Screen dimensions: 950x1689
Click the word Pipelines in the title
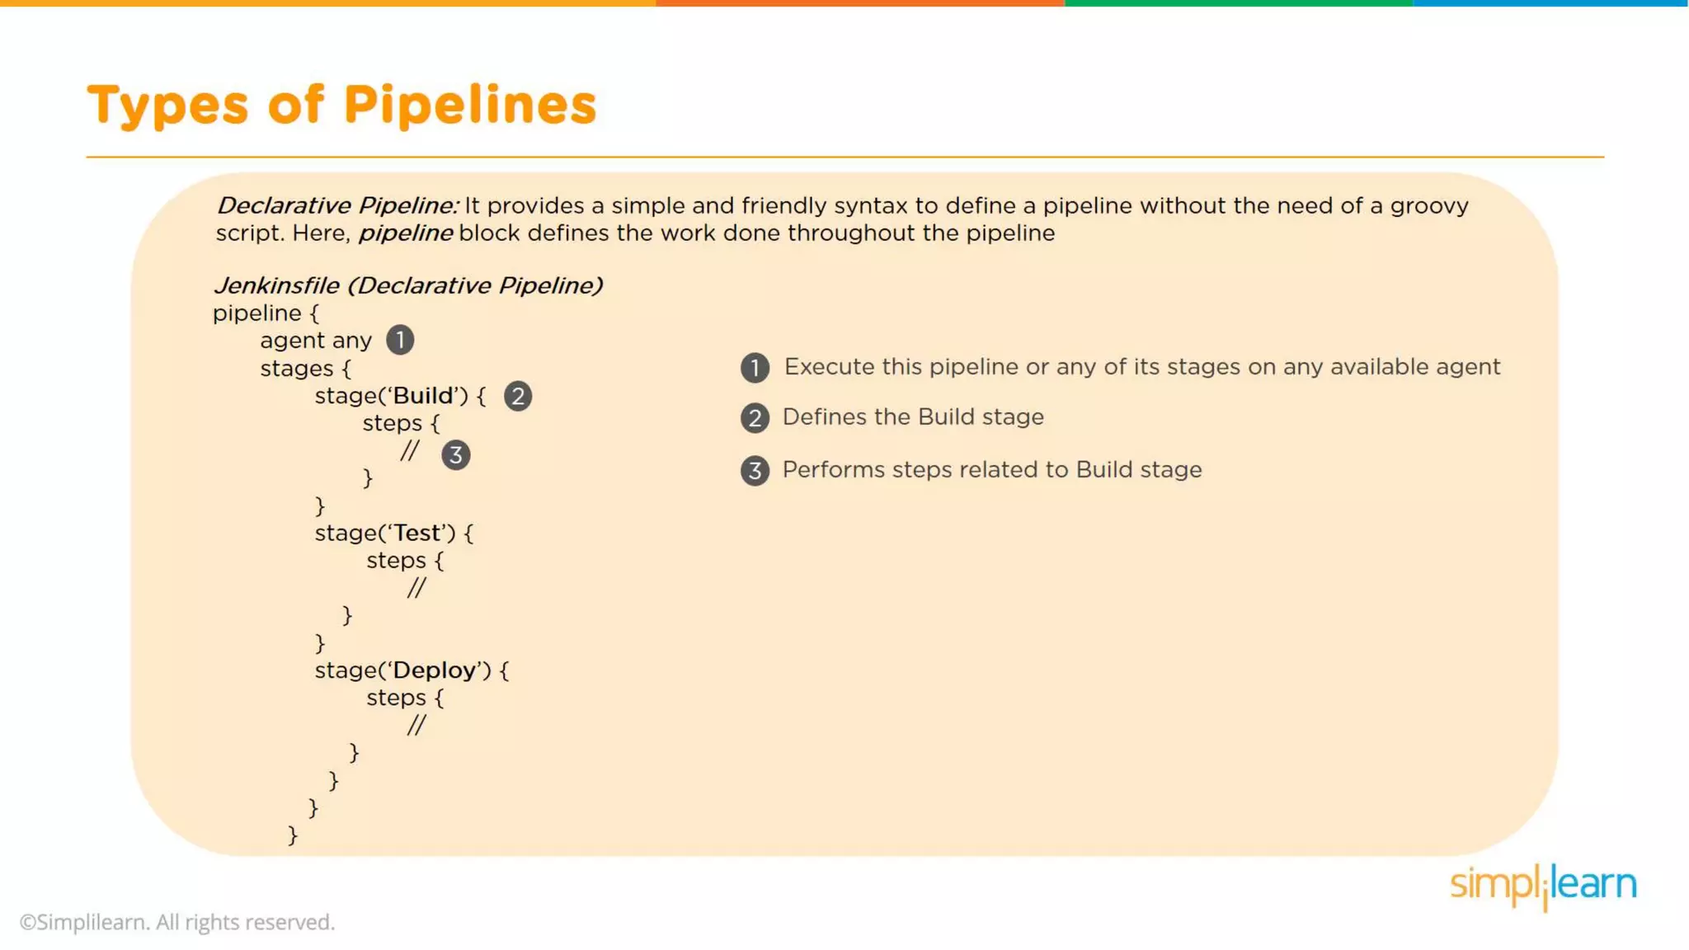click(x=469, y=106)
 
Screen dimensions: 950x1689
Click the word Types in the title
click(x=167, y=106)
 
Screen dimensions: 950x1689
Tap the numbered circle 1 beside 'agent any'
click(x=400, y=340)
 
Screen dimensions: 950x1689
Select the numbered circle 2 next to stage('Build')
click(x=518, y=396)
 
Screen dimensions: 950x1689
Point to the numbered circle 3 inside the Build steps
click(x=455, y=455)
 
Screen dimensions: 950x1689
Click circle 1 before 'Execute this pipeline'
click(x=755, y=368)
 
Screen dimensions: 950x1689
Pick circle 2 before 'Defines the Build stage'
click(x=755, y=418)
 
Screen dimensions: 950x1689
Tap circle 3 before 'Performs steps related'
click(x=755, y=471)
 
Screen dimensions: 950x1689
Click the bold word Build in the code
click(x=423, y=396)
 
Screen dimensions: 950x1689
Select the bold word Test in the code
click(x=417, y=533)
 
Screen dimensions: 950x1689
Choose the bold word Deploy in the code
click(x=435, y=670)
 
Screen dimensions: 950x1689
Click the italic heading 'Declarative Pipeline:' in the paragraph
click(x=337, y=205)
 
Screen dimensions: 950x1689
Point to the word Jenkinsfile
click(x=276, y=285)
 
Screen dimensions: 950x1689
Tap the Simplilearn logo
click(x=1543, y=886)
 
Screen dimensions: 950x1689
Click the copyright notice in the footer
click(x=177, y=922)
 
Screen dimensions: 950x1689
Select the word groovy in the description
click(x=1429, y=205)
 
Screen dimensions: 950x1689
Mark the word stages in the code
click(x=297, y=368)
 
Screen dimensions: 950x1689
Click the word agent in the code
click(x=292, y=341)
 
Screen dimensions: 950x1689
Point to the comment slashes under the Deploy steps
click(x=416, y=725)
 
